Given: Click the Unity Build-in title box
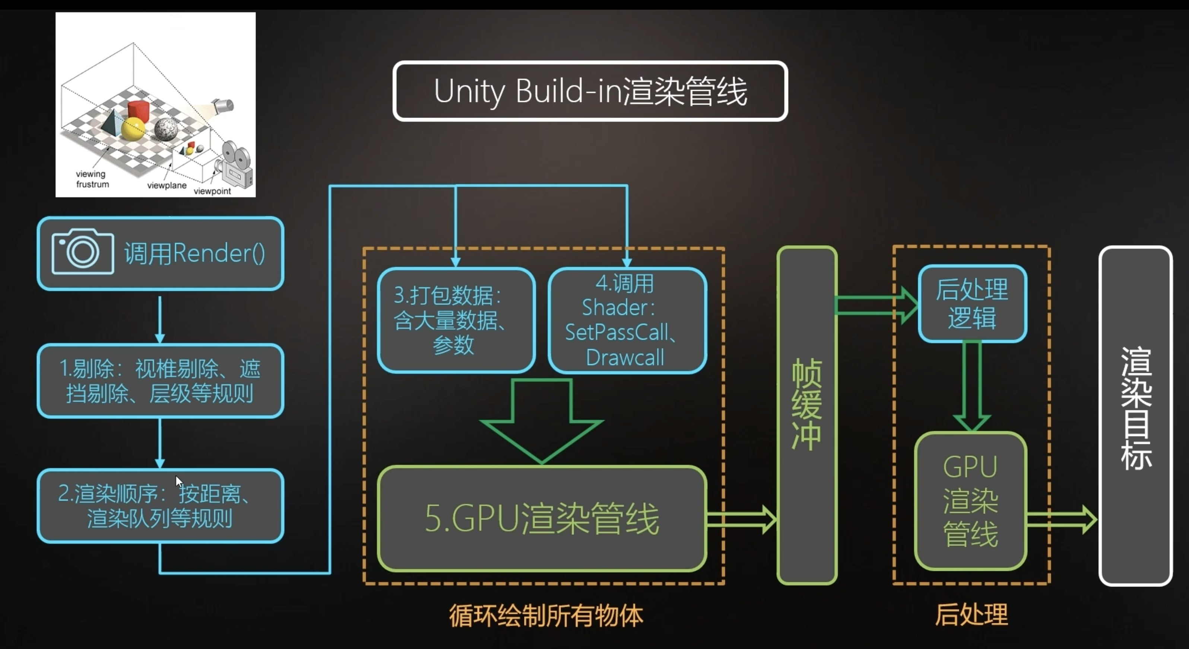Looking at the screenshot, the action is (x=590, y=91).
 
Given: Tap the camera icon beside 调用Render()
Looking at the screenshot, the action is (x=83, y=252).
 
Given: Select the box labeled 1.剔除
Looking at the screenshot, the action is (x=160, y=381).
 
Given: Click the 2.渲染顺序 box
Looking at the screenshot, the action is (x=160, y=506).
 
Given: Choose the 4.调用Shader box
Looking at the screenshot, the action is (x=627, y=320).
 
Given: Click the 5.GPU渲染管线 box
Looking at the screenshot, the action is (x=542, y=519).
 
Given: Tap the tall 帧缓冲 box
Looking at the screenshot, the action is (x=807, y=416).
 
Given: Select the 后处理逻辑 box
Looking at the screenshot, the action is (x=973, y=304).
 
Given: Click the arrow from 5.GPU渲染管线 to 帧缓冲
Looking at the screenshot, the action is (x=742, y=519).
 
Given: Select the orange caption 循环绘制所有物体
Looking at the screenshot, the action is (x=546, y=616).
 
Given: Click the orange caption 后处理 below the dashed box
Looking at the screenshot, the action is (x=971, y=614).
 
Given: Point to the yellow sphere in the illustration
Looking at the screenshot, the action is (x=133, y=129).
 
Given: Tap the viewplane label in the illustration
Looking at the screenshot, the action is (x=167, y=185).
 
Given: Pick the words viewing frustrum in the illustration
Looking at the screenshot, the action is (x=92, y=179).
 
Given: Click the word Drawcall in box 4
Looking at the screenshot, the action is (x=625, y=358).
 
